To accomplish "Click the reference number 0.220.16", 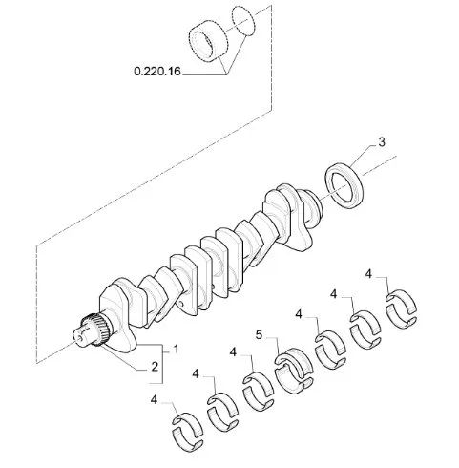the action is [x=157, y=71].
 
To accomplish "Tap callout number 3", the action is [x=382, y=142].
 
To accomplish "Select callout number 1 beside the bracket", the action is [x=176, y=350].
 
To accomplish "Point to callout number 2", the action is [x=155, y=367].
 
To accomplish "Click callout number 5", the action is [x=260, y=335].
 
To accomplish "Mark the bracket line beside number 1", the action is [x=162, y=364].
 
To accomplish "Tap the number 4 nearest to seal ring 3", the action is [x=368, y=274].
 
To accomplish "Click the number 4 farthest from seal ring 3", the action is [x=154, y=399].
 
